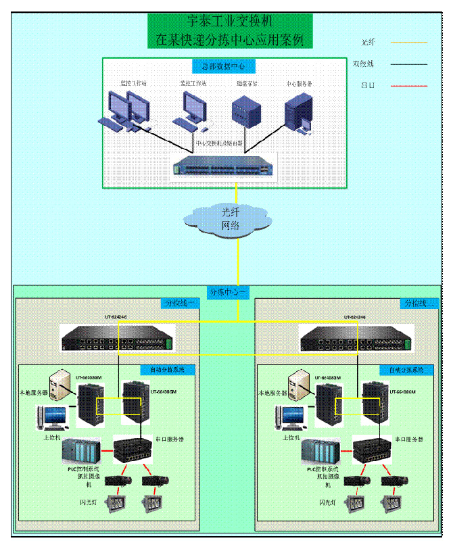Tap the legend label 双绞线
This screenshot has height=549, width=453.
tap(363, 64)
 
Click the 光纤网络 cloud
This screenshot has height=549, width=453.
tap(231, 219)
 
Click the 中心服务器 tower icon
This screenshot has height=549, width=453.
tap(298, 113)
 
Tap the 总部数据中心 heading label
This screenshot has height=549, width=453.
tap(224, 66)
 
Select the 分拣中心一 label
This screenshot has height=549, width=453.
tap(230, 292)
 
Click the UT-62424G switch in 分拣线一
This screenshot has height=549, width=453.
tap(118, 337)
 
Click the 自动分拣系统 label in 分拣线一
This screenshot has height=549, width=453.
tap(167, 370)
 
